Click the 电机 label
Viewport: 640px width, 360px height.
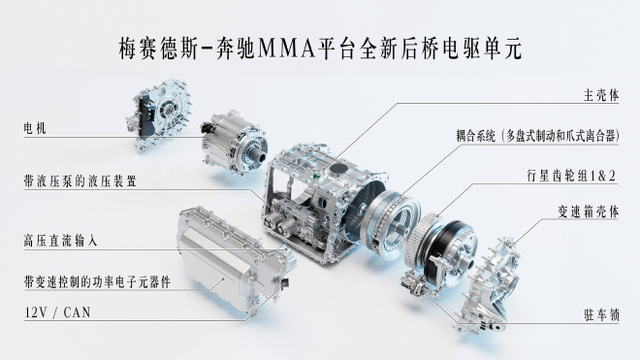click(x=35, y=128)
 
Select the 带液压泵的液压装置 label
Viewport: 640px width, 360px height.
click(x=80, y=181)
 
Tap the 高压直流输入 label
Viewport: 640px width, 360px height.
click(x=61, y=241)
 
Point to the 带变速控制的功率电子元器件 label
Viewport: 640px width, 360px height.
click(x=97, y=282)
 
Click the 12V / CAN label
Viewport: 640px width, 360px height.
click(x=57, y=312)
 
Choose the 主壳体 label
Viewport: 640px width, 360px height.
click(x=601, y=95)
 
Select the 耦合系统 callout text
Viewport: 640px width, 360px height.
click(x=537, y=135)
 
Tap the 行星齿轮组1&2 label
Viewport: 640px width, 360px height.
click(x=571, y=176)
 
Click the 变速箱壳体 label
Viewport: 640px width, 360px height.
click(x=589, y=212)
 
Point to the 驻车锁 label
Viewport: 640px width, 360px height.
click(x=601, y=315)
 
